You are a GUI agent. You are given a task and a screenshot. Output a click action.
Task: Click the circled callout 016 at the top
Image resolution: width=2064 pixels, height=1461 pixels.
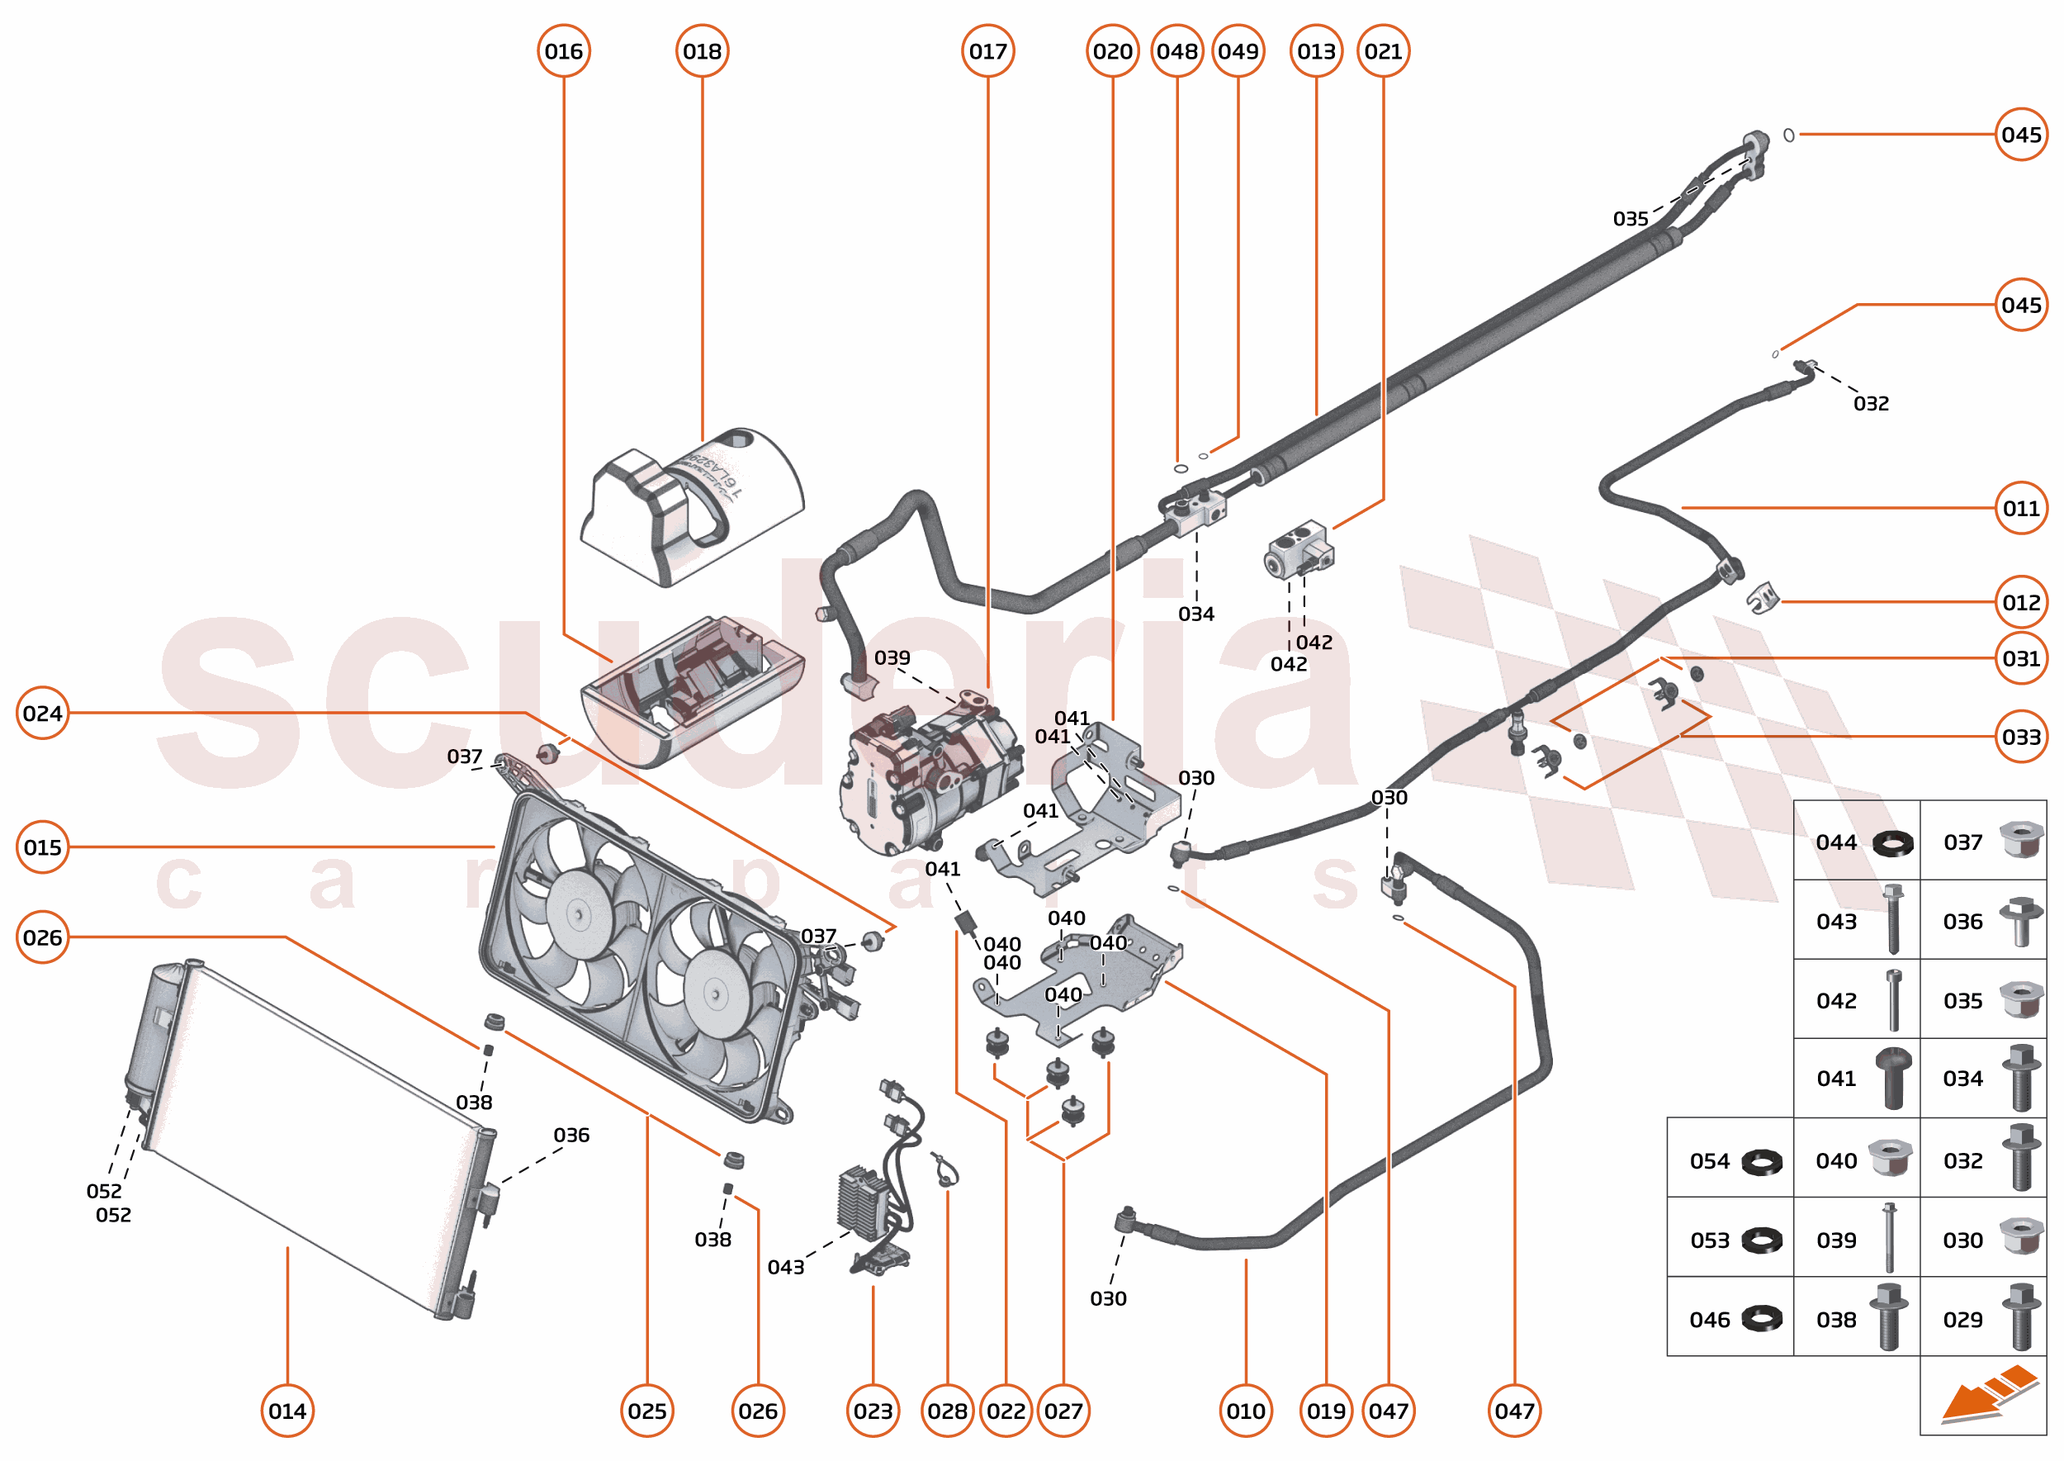[563, 51]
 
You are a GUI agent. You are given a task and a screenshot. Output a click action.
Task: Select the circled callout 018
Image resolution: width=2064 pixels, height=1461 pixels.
[702, 51]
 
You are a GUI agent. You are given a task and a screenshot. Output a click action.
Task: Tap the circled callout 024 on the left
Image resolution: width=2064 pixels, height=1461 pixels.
[42, 713]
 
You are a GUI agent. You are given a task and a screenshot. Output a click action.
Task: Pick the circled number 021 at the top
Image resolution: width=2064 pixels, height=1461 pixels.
[1382, 51]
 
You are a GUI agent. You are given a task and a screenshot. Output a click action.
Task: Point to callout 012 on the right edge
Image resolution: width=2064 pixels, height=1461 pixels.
[2020, 602]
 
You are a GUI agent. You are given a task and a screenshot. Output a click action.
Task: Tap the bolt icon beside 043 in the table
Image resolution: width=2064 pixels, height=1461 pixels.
[1892, 918]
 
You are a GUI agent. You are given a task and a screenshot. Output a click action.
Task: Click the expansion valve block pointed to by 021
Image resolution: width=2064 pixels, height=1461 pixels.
[1298, 550]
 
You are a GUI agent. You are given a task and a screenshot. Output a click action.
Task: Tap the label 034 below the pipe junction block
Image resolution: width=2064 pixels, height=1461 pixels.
[1195, 614]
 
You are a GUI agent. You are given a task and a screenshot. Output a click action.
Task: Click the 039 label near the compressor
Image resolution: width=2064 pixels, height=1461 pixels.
[892, 657]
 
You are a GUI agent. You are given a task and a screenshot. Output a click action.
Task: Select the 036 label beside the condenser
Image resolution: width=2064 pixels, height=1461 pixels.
[571, 1135]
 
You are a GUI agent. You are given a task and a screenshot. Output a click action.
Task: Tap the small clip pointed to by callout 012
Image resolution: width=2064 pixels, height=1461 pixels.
[1763, 597]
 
